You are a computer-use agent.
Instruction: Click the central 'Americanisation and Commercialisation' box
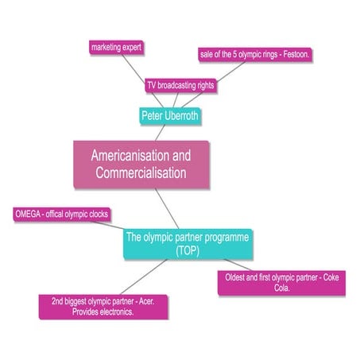coord(141,165)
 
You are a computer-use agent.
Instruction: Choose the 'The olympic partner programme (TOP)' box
coord(188,244)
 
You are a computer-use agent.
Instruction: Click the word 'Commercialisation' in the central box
coord(141,173)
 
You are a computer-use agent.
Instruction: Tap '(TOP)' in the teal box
coord(188,250)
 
